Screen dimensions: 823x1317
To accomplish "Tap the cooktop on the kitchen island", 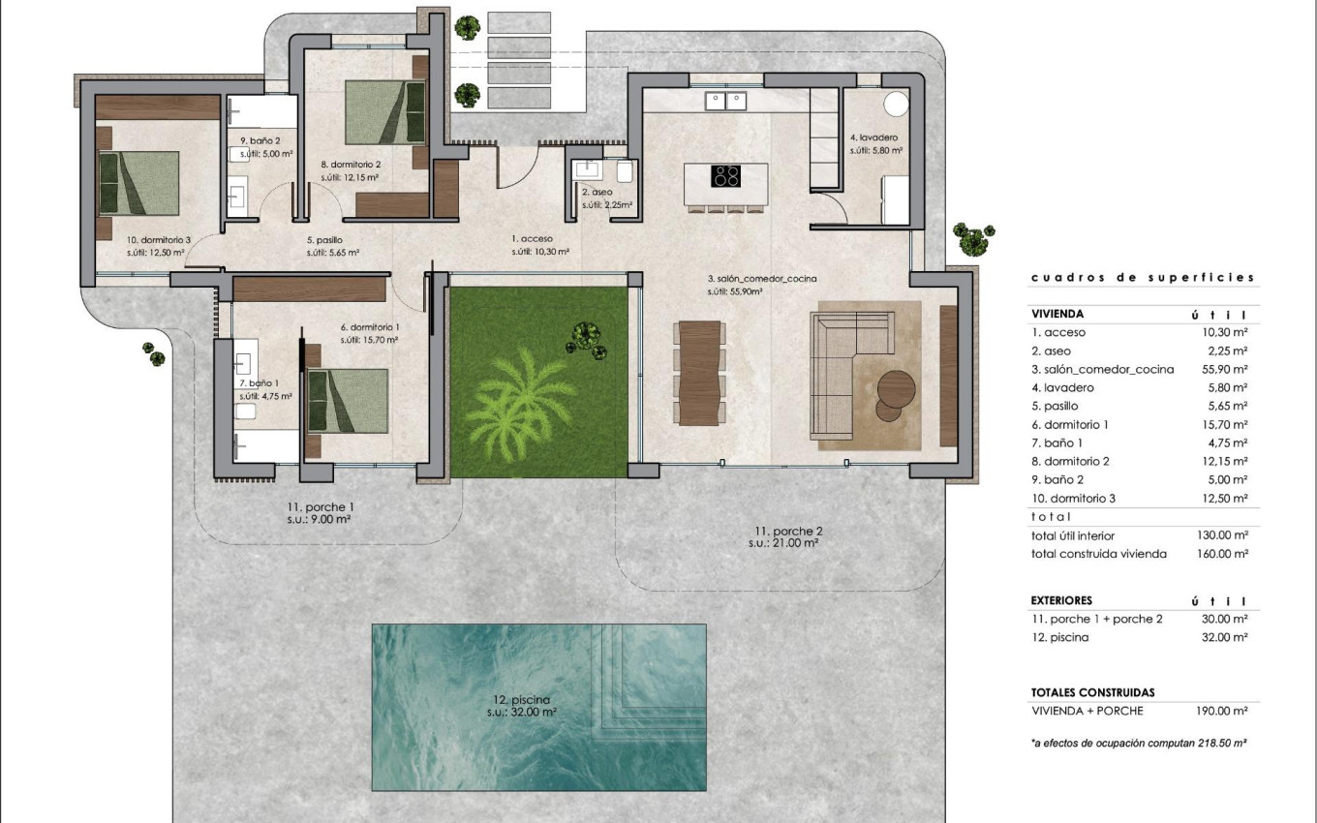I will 726,176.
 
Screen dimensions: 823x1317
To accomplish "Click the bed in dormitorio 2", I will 386,111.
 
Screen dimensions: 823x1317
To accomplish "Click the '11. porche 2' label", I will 788,531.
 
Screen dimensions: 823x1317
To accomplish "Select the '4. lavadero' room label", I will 875,137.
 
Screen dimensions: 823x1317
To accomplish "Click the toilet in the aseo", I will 625,171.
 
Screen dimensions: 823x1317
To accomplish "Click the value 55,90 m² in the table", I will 1222,369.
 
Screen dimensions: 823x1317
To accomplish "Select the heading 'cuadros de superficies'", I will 1142,278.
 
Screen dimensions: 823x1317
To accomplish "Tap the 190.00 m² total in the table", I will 1222,711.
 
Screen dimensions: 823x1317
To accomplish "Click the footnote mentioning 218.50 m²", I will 1137,743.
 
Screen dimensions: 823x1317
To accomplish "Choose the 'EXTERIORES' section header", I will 1061,600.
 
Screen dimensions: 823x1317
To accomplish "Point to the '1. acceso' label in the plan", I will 532,238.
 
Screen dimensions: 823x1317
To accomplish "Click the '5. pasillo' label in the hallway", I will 324,240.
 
